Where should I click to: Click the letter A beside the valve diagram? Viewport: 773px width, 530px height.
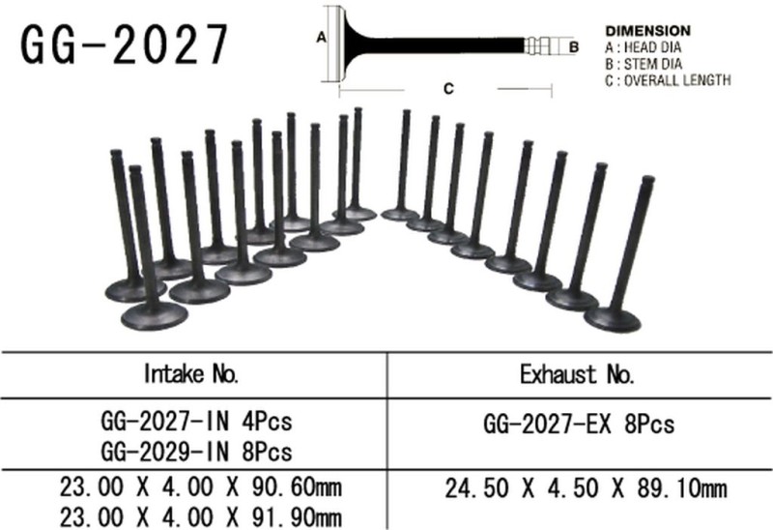tap(319, 39)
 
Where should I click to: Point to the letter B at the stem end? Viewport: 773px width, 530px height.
tap(573, 45)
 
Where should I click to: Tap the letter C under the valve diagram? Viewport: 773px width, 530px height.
tap(448, 89)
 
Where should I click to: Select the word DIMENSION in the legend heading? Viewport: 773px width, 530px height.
tap(647, 31)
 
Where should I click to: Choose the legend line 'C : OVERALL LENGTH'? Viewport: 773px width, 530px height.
tap(667, 80)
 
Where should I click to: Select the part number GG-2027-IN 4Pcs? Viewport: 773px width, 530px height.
tap(196, 423)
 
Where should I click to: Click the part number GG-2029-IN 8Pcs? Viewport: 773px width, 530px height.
tap(196, 451)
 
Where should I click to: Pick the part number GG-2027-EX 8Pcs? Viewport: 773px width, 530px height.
tap(578, 424)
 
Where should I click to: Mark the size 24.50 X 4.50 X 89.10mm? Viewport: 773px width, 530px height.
tap(586, 491)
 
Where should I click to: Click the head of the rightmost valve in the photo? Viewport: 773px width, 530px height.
tap(614, 318)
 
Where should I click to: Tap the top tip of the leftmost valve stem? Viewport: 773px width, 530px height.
tap(116, 154)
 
